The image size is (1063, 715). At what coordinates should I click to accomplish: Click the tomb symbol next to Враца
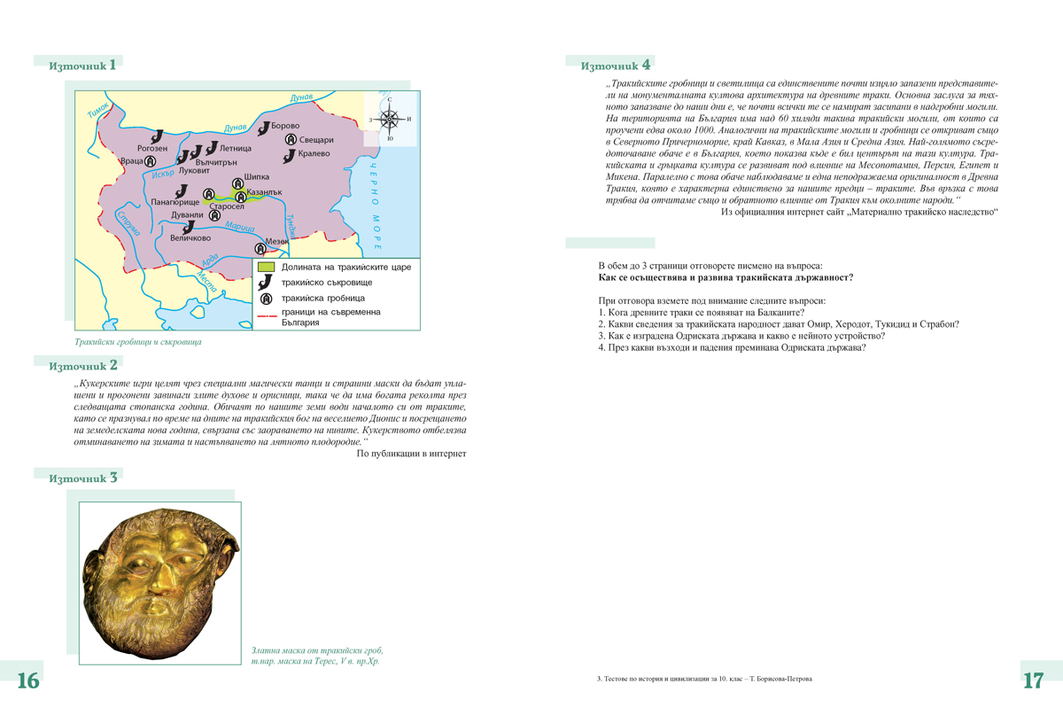tap(151, 161)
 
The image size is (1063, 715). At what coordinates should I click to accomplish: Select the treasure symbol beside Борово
tap(263, 128)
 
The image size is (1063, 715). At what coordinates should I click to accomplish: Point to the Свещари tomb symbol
tap(291, 140)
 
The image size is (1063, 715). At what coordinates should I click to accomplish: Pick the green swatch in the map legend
tap(265, 267)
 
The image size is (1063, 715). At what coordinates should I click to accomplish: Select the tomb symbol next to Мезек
tap(260, 249)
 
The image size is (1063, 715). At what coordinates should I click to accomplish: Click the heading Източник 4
tap(616, 66)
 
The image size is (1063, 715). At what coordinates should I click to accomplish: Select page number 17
tap(1033, 680)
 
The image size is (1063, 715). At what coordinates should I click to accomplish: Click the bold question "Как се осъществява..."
tap(725, 277)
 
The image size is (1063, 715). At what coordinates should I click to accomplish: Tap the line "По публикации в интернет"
tap(411, 454)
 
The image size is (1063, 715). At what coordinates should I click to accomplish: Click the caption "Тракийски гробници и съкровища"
tap(137, 341)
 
